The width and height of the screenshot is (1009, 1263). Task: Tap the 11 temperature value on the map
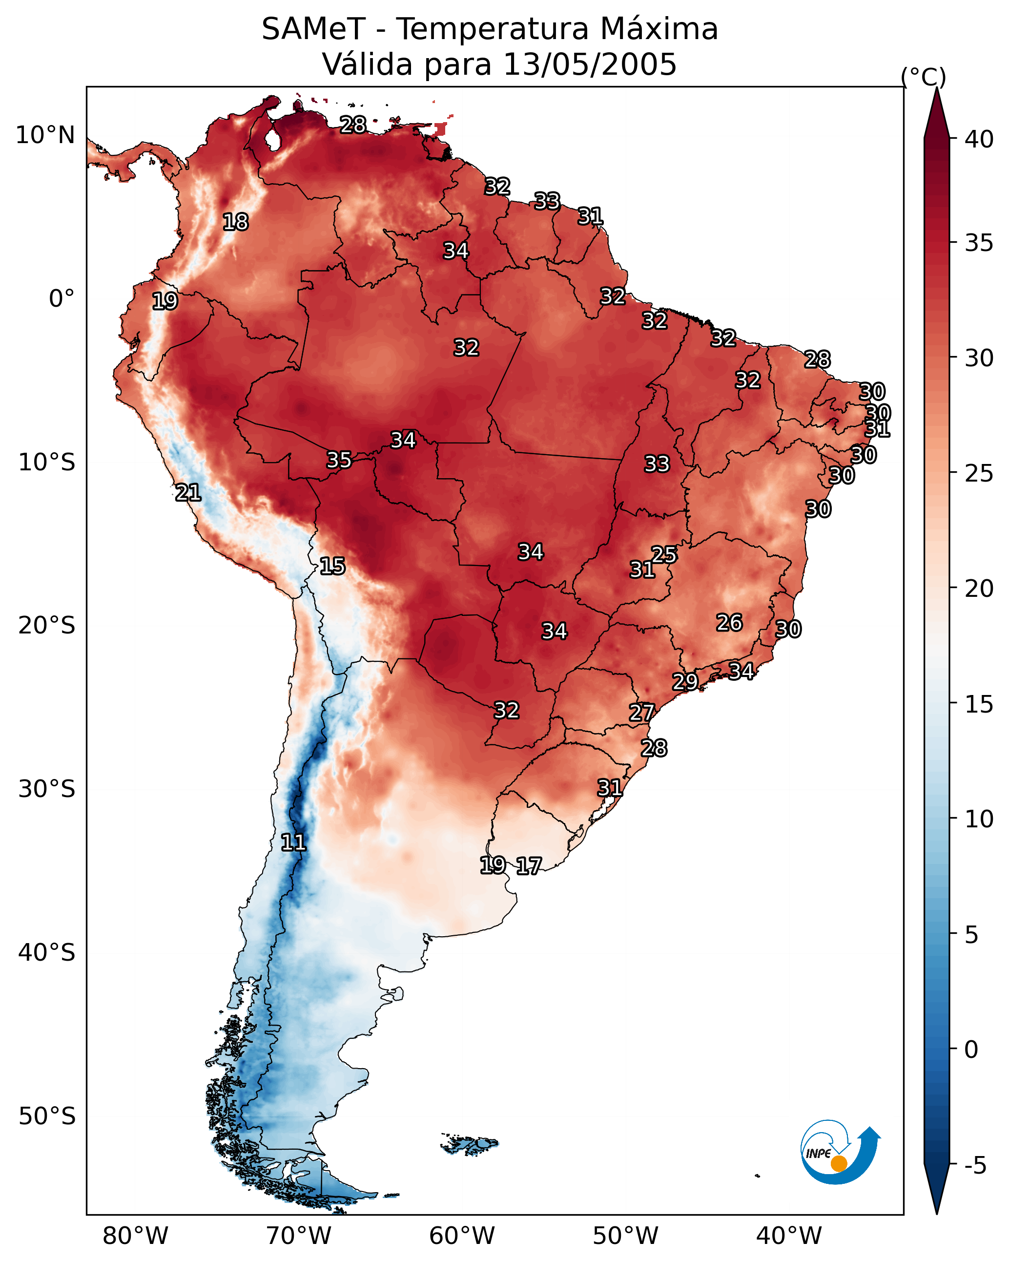[293, 842]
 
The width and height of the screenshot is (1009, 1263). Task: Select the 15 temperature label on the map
[332, 566]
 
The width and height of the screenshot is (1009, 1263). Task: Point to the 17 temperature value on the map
[529, 866]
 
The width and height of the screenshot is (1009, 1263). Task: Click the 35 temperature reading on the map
[339, 460]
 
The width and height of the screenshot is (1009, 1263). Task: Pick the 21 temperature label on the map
[188, 493]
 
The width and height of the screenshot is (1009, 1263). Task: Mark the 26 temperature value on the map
[730, 623]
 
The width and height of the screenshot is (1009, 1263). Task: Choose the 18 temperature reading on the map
[235, 222]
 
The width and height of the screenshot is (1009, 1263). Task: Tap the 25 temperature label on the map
[664, 554]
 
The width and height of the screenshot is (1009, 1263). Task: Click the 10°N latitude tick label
[45, 135]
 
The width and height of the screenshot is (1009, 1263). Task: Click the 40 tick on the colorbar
[979, 139]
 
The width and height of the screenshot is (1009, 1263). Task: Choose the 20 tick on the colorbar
[979, 589]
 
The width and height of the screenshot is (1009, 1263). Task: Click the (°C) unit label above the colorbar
[924, 77]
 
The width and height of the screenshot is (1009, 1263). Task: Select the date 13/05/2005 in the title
[590, 64]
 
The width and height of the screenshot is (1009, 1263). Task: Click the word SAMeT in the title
[313, 29]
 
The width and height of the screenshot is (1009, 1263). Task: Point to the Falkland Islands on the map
[470, 1143]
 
